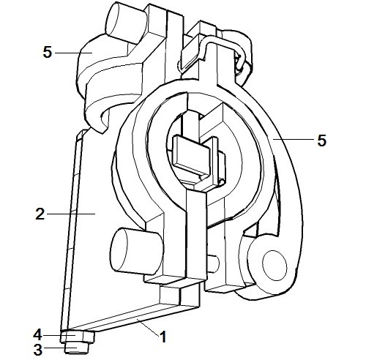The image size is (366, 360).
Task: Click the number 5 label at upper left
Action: (x=48, y=52)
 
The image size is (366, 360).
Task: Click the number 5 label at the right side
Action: (x=321, y=140)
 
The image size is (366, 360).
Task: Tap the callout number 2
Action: (x=40, y=214)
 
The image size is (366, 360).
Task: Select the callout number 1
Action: (x=163, y=337)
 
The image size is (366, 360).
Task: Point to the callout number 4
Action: (x=38, y=335)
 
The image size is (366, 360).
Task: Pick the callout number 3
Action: (x=38, y=350)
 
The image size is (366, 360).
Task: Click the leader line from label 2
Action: (x=71, y=214)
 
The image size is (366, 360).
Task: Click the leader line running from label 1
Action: (x=148, y=327)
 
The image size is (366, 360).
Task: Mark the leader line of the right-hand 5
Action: (x=293, y=139)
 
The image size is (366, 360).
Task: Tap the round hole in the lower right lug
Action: (x=274, y=266)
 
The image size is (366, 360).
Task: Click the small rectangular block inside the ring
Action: (x=191, y=155)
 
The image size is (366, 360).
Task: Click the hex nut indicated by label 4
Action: (x=78, y=337)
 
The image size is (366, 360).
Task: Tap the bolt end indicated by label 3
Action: (x=77, y=348)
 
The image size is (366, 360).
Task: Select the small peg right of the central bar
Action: (x=213, y=263)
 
